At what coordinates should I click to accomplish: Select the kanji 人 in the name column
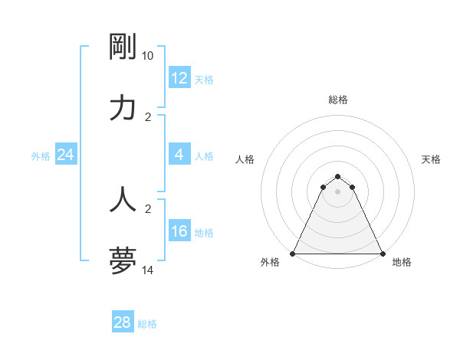point(123,199)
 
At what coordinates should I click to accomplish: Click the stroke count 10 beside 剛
point(148,56)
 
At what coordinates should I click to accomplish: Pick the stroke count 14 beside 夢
point(148,270)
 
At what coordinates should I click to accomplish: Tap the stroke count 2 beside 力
point(148,117)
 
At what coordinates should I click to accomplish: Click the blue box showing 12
point(179,78)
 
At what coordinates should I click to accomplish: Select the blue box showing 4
point(179,155)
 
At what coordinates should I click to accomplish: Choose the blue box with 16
point(179,231)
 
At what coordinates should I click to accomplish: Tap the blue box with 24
point(66,155)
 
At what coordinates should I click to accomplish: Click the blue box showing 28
point(123,322)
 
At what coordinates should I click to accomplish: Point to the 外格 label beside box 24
point(41,156)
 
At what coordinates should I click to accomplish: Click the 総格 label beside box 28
point(147,324)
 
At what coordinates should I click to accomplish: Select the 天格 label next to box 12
point(204,80)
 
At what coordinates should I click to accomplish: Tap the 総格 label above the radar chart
point(338,100)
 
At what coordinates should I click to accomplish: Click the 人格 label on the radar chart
point(245,159)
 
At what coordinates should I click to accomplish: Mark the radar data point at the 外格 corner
point(293,254)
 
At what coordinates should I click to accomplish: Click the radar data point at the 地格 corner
point(383,254)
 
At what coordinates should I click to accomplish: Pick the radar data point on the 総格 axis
point(338,175)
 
